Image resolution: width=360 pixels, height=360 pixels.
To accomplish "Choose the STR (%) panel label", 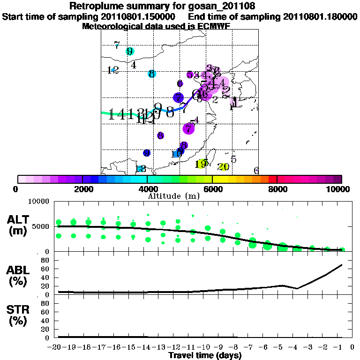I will point(18,315).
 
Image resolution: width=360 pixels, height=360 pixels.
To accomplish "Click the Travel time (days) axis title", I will point(205,356).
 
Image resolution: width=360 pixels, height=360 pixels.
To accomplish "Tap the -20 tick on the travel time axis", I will point(56,347).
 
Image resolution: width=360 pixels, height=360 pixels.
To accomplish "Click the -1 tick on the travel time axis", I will point(341,347).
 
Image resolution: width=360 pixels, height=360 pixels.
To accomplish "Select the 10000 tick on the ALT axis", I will point(40,202).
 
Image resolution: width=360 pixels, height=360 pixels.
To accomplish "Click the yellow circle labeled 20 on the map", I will point(224,166).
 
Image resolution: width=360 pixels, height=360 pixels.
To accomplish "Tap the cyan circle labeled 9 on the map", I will point(130,51).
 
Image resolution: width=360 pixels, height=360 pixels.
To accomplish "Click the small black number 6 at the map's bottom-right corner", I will point(256,171).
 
